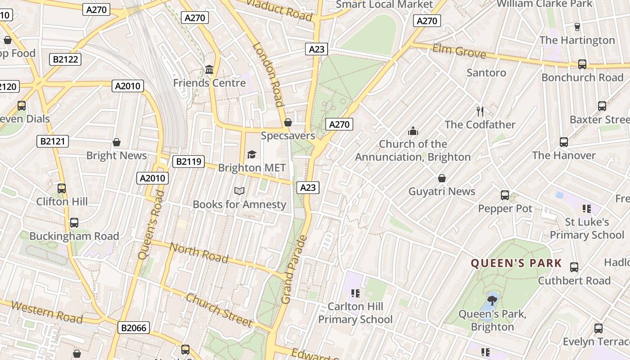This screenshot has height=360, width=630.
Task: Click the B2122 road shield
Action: click(65, 59)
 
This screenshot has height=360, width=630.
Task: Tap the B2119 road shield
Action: click(189, 162)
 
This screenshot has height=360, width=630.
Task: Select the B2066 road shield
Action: click(134, 328)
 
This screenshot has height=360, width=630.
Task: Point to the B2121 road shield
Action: click(53, 141)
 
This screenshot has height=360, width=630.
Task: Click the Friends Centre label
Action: click(209, 83)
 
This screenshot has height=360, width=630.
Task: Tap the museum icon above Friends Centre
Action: click(209, 70)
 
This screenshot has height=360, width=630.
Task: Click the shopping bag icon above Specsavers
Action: click(288, 122)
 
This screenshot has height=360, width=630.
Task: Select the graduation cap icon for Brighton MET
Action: click(252, 155)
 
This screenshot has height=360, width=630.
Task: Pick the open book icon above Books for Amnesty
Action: click(239, 191)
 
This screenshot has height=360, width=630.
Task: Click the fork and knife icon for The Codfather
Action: click(480, 111)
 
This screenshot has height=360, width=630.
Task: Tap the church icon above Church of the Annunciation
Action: click(413, 131)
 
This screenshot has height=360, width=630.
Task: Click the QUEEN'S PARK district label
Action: click(516, 263)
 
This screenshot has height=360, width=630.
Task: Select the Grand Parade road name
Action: click(293, 269)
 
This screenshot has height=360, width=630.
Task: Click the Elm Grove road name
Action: click(459, 51)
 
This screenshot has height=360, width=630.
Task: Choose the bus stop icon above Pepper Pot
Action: click(505, 195)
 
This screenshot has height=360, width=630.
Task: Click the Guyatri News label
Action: click(441, 191)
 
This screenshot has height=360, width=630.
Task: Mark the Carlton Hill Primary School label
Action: click(355, 313)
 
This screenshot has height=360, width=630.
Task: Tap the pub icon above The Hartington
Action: click(577, 27)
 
